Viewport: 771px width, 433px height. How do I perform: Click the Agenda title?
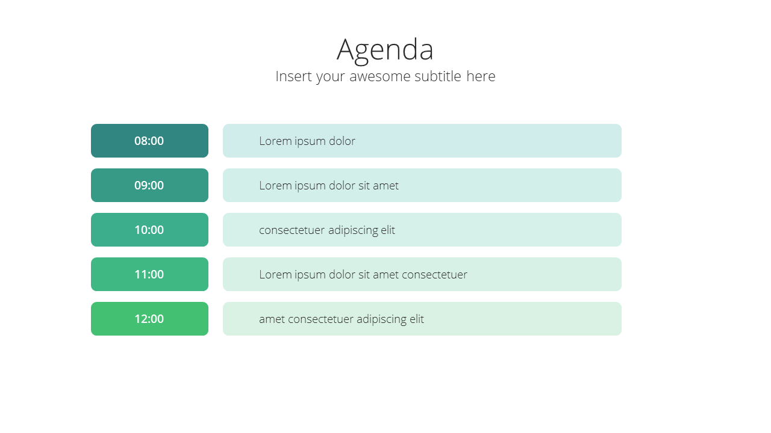pyautogui.click(x=385, y=51)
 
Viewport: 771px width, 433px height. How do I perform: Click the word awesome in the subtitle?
pyautogui.click(x=380, y=76)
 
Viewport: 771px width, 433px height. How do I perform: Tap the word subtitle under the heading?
pyautogui.click(x=438, y=76)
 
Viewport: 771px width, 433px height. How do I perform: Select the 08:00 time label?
pyautogui.click(x=149, y=141)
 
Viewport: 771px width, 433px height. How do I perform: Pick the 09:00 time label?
pyautogui.click(x=149, y=186)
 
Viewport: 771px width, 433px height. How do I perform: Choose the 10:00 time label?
pyautogui.click(x=149, y=230)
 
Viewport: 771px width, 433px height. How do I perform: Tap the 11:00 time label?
pyautogui.click(x=149, y=275)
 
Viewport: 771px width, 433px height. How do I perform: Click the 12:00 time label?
pyautogui.click(x=149, y=319)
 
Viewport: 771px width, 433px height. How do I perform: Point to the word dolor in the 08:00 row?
pyautogui.click(x=342, y=141)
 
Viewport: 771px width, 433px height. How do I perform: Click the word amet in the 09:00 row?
pyautogui.click(x=386, y=186)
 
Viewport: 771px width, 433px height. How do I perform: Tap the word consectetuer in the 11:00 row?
pyautogui.click(x=434, y=275)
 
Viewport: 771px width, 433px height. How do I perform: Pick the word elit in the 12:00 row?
pyautogui.click(x=417, y=319)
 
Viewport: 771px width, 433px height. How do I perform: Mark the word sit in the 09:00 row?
pyautogui.click(x=364, y=186)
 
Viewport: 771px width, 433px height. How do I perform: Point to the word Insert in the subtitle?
pyautogui.click(x=295, y=76)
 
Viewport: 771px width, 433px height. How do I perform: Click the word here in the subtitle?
pyautogui.click(x=481, y=76)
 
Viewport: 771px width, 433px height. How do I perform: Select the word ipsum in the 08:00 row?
pyautogui.click(x=310, y=141)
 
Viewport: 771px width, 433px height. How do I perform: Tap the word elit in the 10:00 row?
pyautogui.click(x=388, y=230)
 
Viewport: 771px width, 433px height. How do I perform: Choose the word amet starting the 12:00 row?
pyautogui.click(x=272, y=319)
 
